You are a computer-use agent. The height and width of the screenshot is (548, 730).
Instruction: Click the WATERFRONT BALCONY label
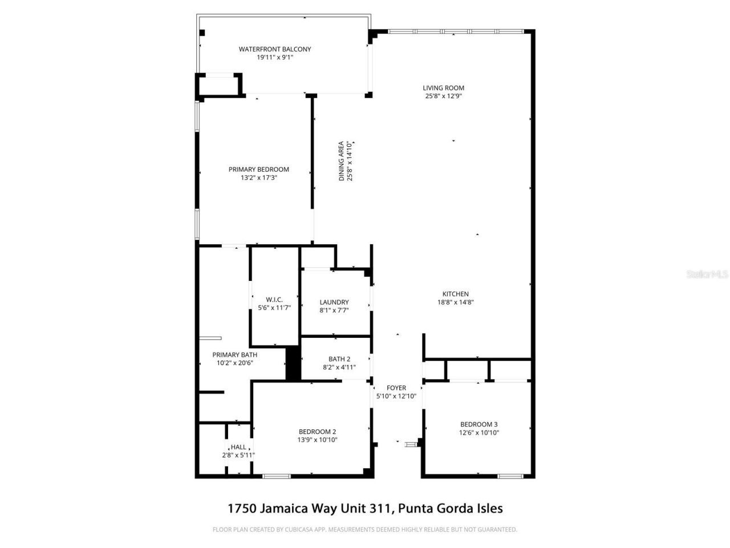point(275,49)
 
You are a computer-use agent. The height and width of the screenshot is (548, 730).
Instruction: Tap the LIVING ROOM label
point(443,88)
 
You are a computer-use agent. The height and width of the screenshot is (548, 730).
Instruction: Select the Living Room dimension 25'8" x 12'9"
point(443,96)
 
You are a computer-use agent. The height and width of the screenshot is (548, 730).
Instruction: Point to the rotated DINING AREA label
point(342,161)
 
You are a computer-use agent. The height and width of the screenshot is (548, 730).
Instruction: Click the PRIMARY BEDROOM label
point(258,170)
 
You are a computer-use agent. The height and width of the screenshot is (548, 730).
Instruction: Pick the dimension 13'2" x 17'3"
point(258,178)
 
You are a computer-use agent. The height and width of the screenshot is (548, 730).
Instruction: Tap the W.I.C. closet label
point(274,300)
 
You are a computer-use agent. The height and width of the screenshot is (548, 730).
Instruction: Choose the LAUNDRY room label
point(334,303)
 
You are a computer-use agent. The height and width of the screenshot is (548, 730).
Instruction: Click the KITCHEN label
point(456,295)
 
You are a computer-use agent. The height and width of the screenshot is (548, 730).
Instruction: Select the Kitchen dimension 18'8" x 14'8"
point(456,303)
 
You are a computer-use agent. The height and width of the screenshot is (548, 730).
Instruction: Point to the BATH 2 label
point(339,359)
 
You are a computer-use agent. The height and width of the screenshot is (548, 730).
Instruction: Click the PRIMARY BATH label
point(234,355)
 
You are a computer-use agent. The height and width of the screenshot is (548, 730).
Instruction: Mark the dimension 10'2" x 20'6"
point(234,363)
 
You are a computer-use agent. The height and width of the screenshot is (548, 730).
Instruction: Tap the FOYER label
point(396,388)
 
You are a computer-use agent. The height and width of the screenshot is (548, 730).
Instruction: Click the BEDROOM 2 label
point(317,432)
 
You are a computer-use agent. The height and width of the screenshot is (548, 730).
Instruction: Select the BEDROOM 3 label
point(479,424)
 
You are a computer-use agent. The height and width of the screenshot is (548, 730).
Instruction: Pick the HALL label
point(238,447)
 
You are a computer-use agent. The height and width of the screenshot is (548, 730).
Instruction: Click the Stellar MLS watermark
point(707,275)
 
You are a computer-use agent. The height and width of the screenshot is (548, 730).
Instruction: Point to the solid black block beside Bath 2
point(293,364)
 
